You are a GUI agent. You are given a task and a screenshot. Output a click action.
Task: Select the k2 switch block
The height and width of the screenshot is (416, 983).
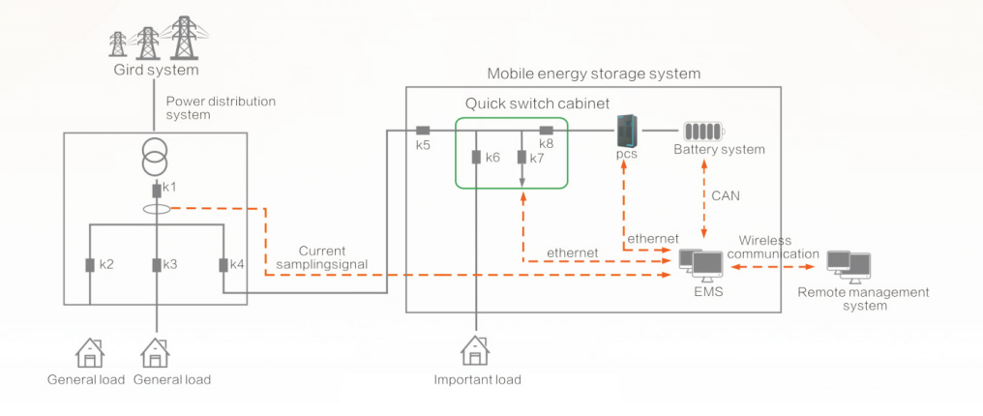(90, 264)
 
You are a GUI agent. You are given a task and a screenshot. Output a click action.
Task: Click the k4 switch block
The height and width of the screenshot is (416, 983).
(223, 264)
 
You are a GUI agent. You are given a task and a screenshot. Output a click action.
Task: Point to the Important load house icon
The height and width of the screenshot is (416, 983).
(476, 351)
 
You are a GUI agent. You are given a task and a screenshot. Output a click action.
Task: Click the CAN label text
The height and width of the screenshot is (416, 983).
(726, 195)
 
